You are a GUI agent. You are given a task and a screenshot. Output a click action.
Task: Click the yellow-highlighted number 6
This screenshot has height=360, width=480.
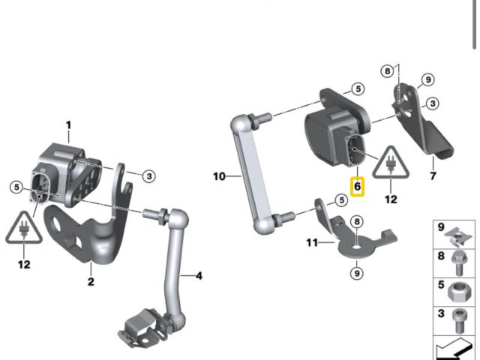pos(357,184)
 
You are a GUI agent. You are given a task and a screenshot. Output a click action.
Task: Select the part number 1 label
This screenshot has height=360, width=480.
pos(68,124)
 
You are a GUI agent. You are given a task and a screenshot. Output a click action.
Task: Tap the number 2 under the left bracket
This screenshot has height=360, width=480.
pos(91,282)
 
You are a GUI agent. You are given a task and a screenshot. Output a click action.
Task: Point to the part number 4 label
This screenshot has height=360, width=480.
pos(199,276)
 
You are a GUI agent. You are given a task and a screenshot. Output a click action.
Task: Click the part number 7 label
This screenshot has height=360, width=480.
pos(432,175)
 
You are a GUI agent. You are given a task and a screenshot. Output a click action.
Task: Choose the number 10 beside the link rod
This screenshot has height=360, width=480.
pos(219,176)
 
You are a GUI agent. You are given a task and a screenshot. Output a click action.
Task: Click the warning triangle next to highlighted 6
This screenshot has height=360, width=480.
pos(391,166)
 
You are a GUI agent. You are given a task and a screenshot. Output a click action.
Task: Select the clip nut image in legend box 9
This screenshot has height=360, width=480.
pos(456,235)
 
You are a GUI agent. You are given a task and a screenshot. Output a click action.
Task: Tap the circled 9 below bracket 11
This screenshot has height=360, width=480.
pos(356,272)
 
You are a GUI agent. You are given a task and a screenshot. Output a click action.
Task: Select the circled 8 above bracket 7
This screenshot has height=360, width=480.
pos(387,70)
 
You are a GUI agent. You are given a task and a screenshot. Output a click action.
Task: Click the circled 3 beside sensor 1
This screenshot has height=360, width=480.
pos(149,175)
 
